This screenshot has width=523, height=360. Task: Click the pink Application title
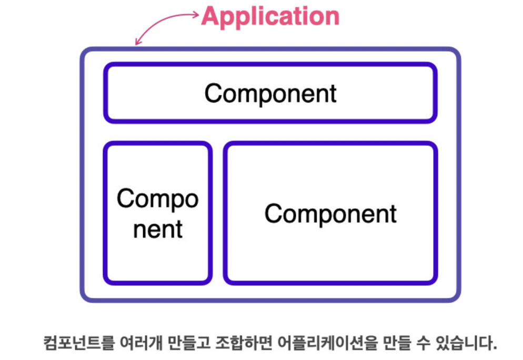270,16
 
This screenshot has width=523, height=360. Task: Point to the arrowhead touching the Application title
196,15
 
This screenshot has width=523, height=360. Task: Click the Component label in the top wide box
270,94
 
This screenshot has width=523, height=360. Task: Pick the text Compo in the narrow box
158,199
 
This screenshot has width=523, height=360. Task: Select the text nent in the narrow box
158,229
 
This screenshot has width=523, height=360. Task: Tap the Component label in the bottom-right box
330,214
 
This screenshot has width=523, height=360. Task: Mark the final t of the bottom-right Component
392,214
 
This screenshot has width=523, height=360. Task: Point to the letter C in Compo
124,199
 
